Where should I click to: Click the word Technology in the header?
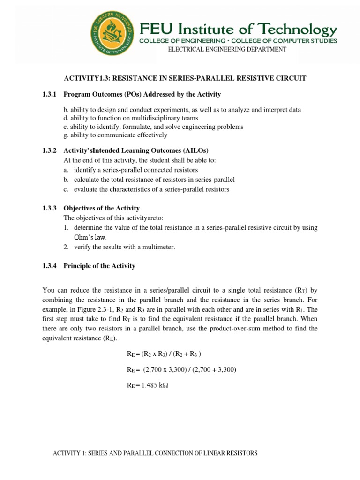coord(295,30)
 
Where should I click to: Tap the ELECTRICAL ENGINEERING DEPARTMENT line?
coord(227,49)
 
